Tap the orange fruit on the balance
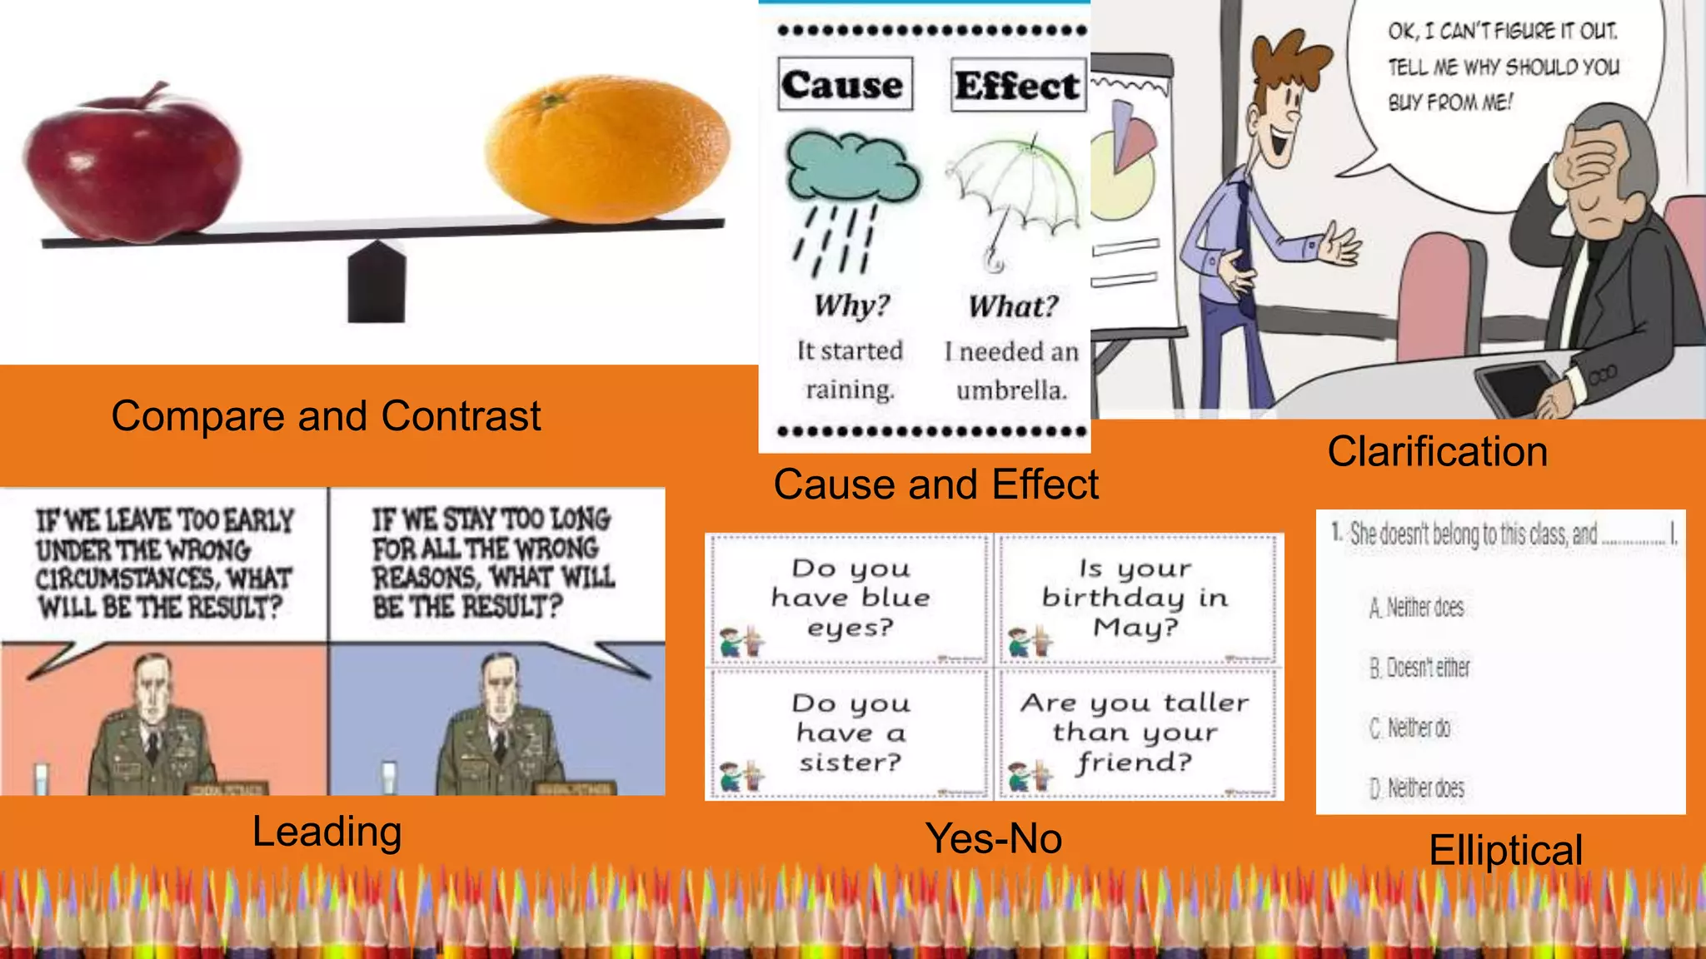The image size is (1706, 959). tap(608, 150)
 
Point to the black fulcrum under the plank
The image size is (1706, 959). tap(377, 283)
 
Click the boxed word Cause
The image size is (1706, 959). tap(845, 84)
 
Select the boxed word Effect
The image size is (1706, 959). tap(1018, 85)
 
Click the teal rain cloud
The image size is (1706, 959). tap(851, 166)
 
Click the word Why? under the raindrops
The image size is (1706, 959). tap(851, 306)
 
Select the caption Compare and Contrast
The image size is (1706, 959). tap(326, 415)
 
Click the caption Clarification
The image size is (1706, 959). tap(1437, 451)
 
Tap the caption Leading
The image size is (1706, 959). tap(327, 831)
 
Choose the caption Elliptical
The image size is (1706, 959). tap(1505, 850)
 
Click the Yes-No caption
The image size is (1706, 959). tap(994, 837)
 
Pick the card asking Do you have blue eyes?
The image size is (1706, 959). tap(850, 598)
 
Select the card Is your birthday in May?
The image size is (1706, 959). tap(1136, 598)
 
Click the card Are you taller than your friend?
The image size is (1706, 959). tap(1136, 733)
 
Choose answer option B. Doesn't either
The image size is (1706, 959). tap(1420, 668)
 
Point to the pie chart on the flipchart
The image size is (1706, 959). tap(1125, 166)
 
